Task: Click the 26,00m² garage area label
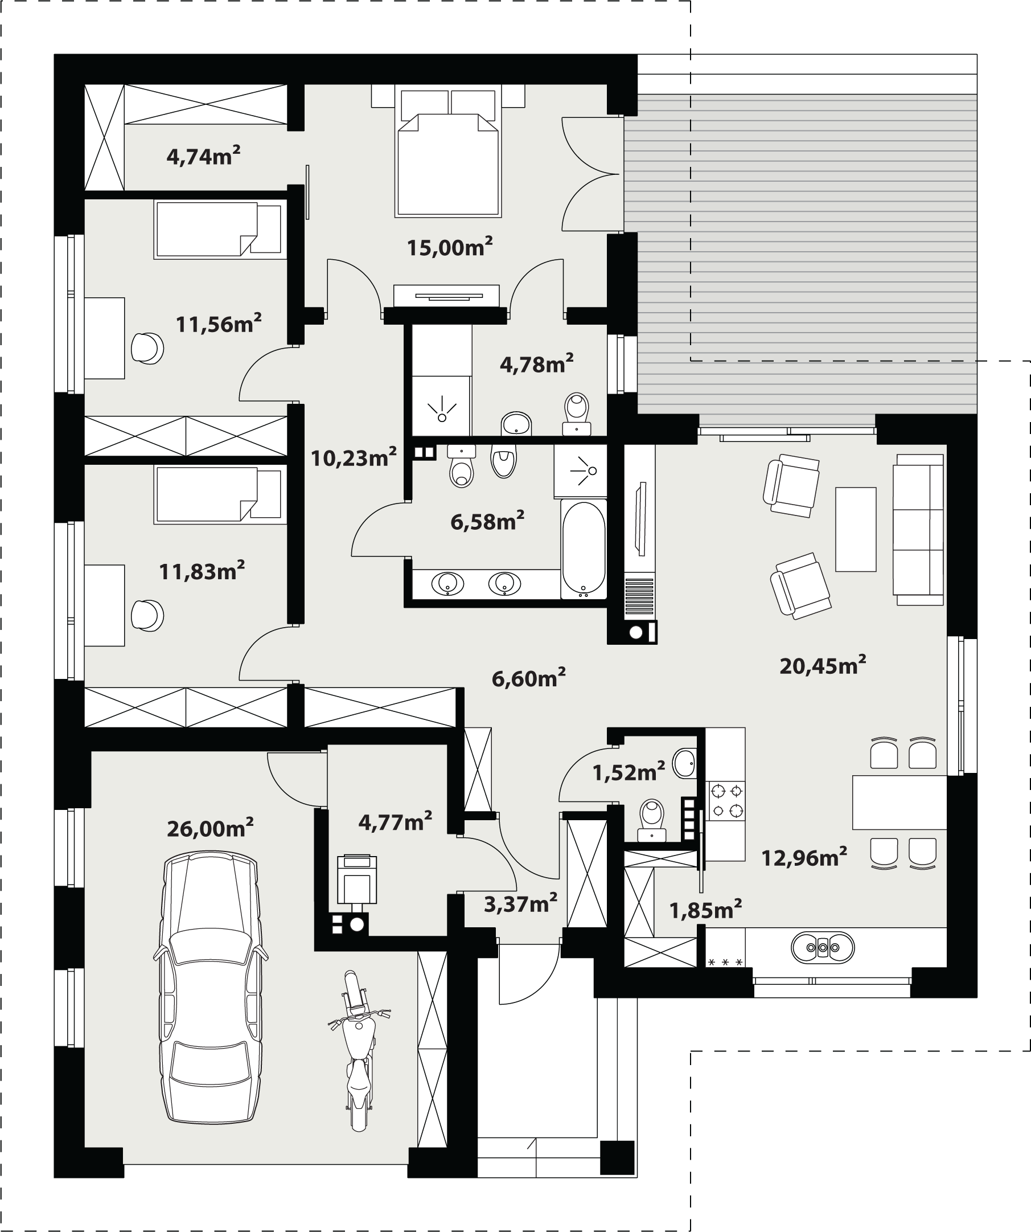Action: point(210,828)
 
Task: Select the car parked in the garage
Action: point(211,987)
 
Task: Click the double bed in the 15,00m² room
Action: point(448,151)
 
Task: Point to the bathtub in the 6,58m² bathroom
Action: point(584,549)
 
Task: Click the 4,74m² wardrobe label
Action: point(203,156)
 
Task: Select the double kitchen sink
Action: point(823,947)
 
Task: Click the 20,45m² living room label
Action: point(823,665)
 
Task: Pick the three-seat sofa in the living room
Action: point(918,529)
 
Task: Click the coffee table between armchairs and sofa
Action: point(856,529)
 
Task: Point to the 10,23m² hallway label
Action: point(354,457)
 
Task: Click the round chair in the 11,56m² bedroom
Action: point(147,349)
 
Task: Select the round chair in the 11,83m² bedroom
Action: point(147,615)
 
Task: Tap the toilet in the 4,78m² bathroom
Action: point(577,414)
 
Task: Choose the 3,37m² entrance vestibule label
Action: point(521,904)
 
